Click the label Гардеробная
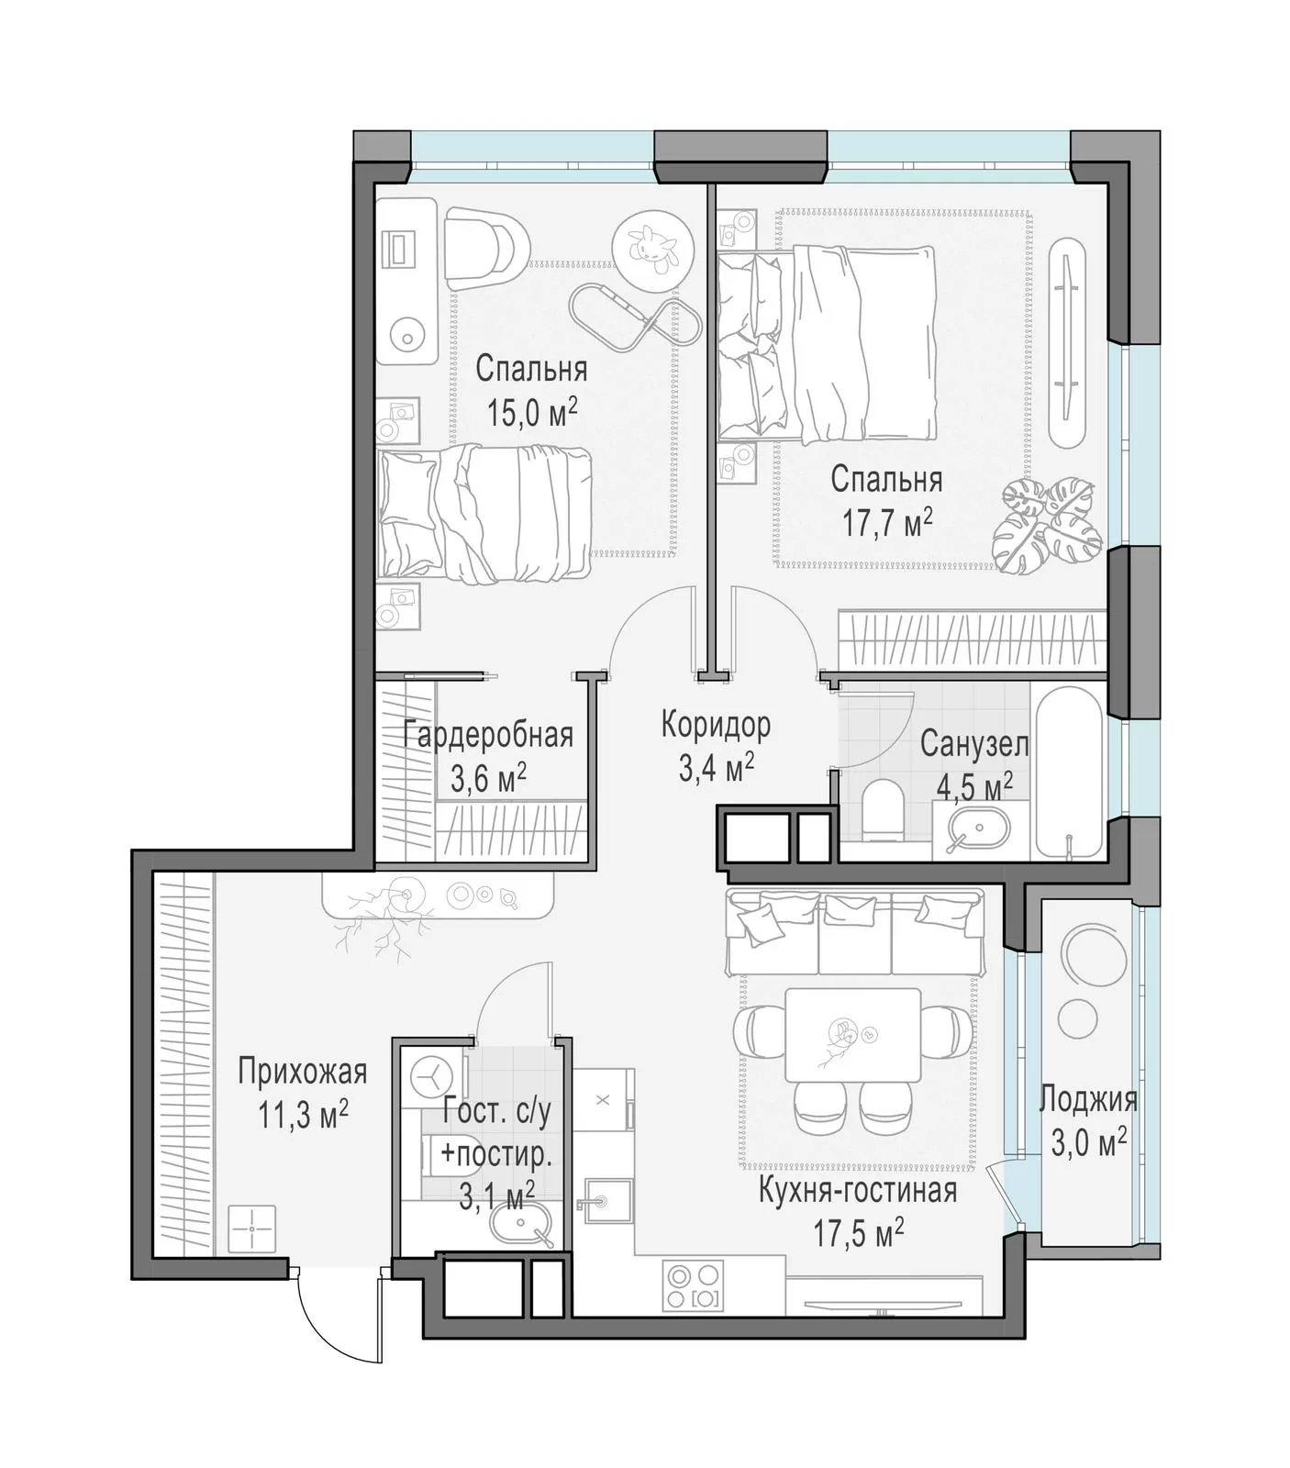click(x=488, y=735)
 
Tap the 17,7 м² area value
click(x=887, y=523)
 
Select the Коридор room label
click(x=716, y=725)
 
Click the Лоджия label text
click(x=1088, y=1100)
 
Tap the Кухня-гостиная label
click(x=858, y=1190)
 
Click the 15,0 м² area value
click(x=532, y=413)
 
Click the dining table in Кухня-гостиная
click(x=853, y=1034)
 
